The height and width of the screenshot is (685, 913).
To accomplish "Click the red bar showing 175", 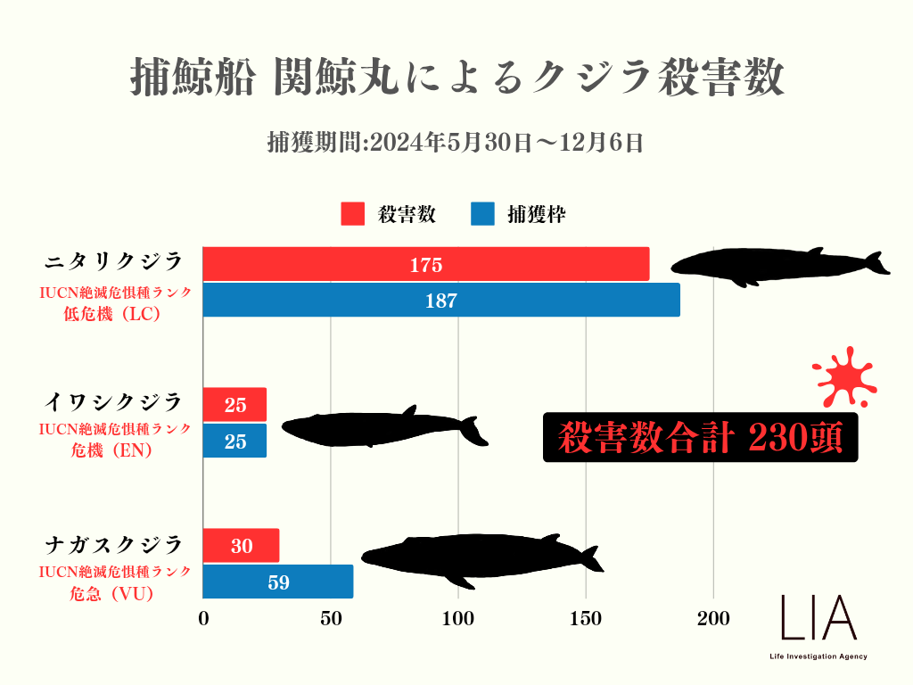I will (425, 264).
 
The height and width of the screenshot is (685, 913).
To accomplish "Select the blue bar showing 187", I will (440, 301).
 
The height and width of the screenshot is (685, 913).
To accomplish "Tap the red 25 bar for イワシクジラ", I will (234, 405).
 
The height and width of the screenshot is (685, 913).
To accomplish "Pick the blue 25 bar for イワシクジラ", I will (234, 441).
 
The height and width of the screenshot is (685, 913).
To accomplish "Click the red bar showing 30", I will (241, 546).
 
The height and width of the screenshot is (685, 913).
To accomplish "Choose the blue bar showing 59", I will (277, 582).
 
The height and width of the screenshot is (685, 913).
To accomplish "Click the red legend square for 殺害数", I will (353, 214).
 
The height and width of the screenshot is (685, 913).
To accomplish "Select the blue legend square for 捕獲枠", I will (482, 214).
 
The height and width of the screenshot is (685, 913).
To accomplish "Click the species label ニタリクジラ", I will (114, 260).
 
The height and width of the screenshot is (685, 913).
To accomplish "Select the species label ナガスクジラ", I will (114, 544).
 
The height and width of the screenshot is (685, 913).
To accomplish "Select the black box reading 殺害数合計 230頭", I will (700, 437).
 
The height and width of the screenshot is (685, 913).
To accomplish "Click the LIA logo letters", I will (818, 617).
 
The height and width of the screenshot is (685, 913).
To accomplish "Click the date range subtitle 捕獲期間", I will (456, 142).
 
